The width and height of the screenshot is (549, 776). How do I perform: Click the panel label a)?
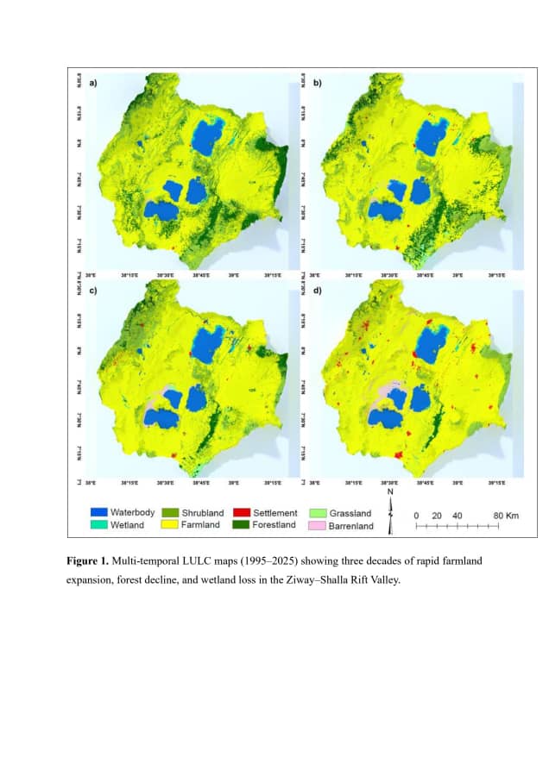pos(92,84)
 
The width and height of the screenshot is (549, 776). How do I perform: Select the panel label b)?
pos(317,84)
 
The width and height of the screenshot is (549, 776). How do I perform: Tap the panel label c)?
pos(92,290)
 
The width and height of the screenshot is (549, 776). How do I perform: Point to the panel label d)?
pos(317,290)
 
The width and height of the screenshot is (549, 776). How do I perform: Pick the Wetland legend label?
pos(127,524)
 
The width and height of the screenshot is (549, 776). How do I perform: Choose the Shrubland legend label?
pos(202,513)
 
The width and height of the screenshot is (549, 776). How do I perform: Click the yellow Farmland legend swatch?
pos(168,524)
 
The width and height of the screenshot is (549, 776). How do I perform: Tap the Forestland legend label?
pos(274,524)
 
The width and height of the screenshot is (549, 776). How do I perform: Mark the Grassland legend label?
pos(350,513)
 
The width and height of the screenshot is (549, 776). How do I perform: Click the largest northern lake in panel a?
pos(205,136)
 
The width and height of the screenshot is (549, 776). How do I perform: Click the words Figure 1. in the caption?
pos(91,561)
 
